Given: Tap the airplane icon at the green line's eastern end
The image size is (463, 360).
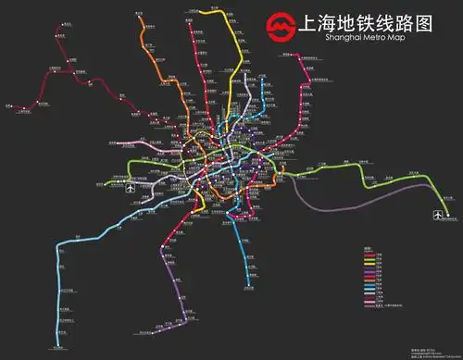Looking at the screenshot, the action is tap(438, 215).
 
